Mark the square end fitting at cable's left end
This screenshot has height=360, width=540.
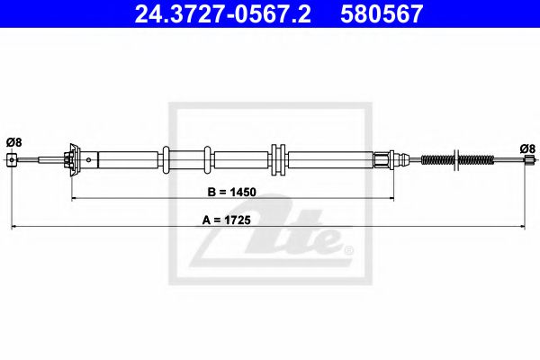(12, 160)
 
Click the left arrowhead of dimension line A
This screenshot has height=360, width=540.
(12, 226)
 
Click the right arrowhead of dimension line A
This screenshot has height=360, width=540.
(526, 226)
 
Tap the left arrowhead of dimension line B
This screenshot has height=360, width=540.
(75, 198)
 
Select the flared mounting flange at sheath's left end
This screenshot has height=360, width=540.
(71, 159)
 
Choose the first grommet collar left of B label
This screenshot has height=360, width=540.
(167, 160)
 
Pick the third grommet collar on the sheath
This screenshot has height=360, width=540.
(278, 160)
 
